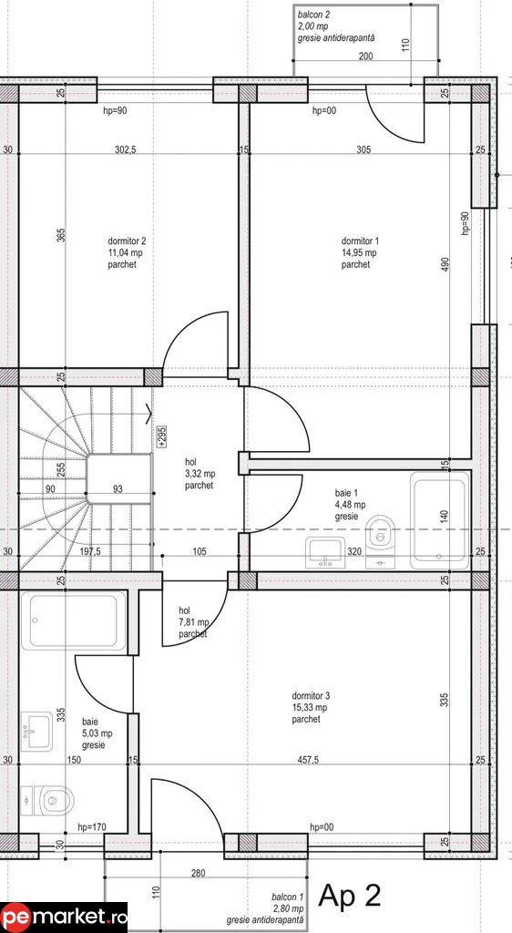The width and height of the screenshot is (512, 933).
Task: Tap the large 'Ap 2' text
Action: coord(349,896)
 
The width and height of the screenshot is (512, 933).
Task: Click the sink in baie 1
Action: coord(325,550)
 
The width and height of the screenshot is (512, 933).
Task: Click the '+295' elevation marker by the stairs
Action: coord(161,436)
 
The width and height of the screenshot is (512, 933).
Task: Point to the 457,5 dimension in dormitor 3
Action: coord(306,760)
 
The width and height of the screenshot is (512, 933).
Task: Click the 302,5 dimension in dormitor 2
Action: coord(125,150)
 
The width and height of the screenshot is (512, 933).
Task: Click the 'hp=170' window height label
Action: coord(92,827)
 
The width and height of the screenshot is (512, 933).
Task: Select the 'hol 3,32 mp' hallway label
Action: coord(199,474)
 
